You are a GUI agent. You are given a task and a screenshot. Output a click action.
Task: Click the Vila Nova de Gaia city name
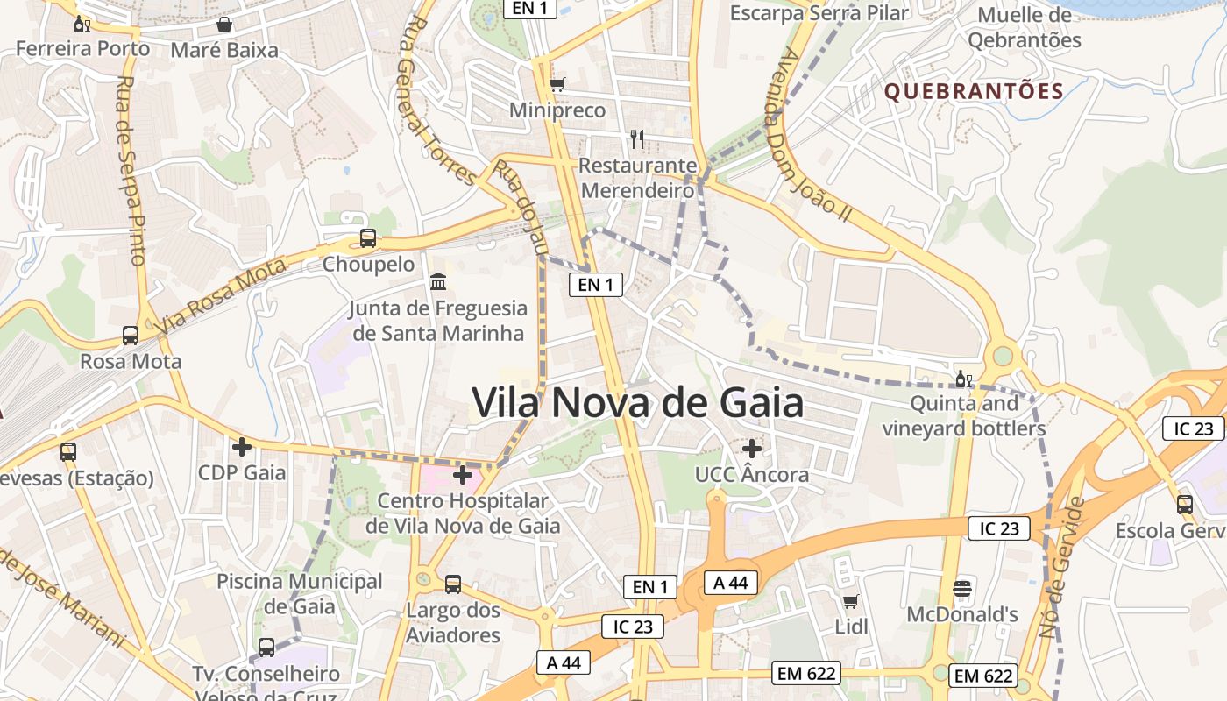coord(637,403)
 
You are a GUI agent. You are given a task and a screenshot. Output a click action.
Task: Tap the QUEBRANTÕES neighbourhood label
coord(974,91)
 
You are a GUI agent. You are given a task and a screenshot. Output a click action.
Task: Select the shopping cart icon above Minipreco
coord(557,85)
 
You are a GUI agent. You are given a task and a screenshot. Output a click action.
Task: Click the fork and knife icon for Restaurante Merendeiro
coord(637,138)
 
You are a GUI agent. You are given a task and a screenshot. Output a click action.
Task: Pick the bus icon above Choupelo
coord(368,237)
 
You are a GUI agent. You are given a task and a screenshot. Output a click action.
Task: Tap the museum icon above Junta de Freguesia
coord(437,282)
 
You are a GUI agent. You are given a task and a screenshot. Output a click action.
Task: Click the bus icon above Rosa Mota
coord(131,335)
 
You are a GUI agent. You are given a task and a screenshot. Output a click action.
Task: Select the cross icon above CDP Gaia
coord(241,447)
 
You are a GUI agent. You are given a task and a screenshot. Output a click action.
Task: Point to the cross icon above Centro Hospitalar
coord(462,476)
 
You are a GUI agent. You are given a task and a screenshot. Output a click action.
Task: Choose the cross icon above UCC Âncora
coord(751,448)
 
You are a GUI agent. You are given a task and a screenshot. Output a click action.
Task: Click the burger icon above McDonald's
coord(962,587)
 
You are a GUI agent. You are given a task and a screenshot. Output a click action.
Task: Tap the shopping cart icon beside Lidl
coord(850,601)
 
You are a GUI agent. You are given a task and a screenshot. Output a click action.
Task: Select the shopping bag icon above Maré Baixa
coord(224,24)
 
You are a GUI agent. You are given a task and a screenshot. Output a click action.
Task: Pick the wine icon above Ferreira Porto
coord(82,24)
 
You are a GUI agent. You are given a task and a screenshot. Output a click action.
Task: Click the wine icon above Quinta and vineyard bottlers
coord(963,379)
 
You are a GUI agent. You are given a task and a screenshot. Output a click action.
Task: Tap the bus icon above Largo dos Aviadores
coord(453,584)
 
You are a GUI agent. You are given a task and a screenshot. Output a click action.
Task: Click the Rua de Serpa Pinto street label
coord(130,171)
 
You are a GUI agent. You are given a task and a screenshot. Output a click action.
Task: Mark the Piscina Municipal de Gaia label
coord(300,593)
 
